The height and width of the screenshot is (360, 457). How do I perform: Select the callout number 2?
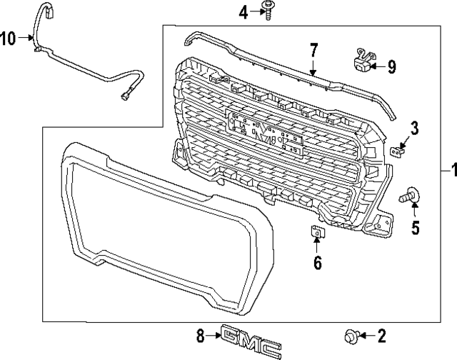click(x=381, y=335)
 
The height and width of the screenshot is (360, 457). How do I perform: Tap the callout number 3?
click(x=413, y=129)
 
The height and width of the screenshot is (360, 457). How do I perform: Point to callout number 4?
click(x=243, y=11)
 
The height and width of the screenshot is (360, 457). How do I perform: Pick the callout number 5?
click(x=415, y=229)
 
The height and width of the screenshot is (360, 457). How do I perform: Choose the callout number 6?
click(x=318, y=263)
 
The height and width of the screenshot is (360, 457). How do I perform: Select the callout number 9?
click(x=391, y=67)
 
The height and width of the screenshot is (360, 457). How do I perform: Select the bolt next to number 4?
click(x=269, y=11)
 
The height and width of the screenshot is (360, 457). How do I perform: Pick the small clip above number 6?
click(x=316, y=231)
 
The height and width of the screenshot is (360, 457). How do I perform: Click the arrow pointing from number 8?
click(x=215, y=335)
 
